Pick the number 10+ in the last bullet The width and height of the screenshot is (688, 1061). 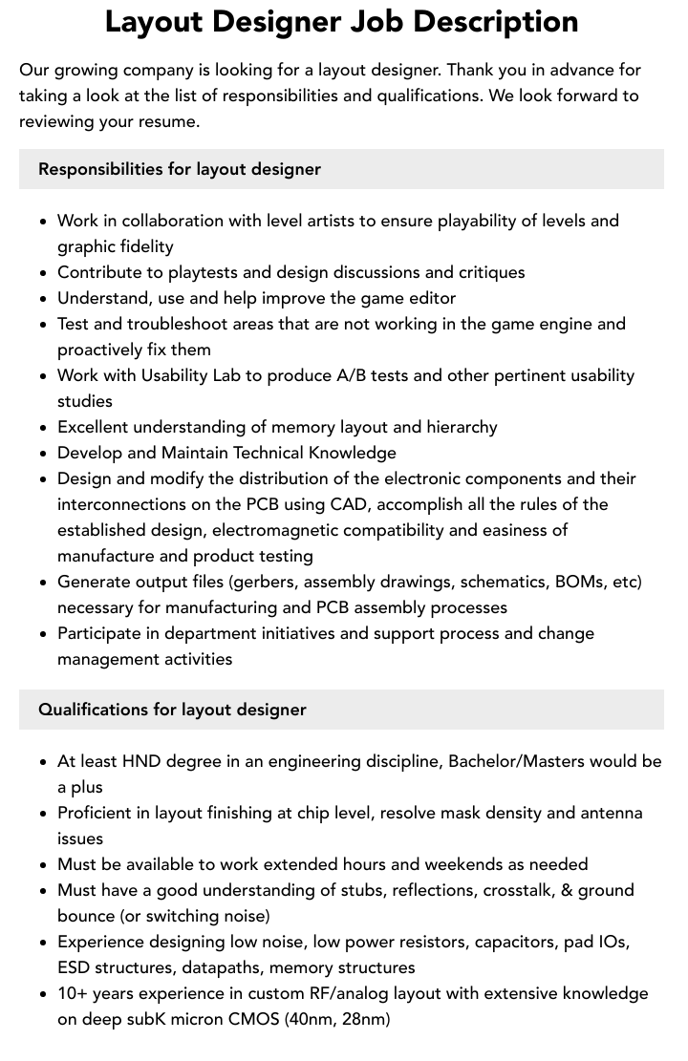tap(73, 993)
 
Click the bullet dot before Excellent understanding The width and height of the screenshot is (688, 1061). tap(43, 428)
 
